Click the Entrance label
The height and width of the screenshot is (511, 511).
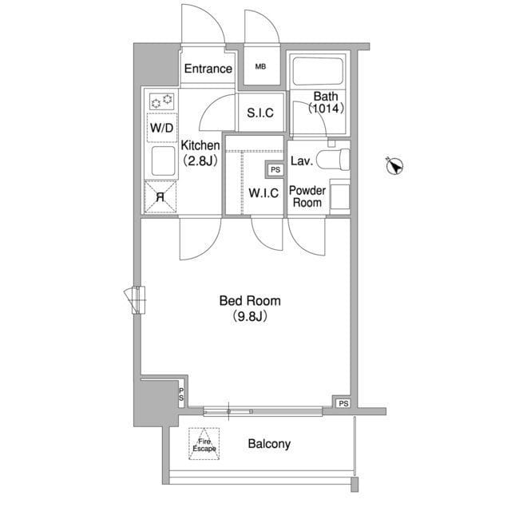(208, 69)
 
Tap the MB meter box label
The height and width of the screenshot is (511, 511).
(260, 67)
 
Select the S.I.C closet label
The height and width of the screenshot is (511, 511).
(260, 113)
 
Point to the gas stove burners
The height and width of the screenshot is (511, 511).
(162, 101)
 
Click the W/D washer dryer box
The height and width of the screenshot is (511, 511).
(162, 128)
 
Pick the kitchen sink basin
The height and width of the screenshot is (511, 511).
(164, 161)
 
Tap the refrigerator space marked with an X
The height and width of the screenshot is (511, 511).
(160, 197)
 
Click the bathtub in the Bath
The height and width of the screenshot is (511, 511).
(318, 71)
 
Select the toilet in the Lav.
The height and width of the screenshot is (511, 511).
(334, 160)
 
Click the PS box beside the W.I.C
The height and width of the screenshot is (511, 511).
(275, 170)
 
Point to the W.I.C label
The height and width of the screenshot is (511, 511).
(263, 193)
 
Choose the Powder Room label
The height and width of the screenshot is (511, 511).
(307, 196)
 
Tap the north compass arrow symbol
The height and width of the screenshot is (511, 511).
(394, 166)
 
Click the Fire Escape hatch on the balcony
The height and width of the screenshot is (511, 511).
(204, 444)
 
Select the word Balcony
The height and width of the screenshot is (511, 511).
(269, 444)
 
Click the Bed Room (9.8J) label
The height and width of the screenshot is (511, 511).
(250, 308)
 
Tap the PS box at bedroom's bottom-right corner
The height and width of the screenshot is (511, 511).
(343, 403)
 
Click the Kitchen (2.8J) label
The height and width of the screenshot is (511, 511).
(200, 153)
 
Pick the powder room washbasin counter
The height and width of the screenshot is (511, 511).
(340, 196)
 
